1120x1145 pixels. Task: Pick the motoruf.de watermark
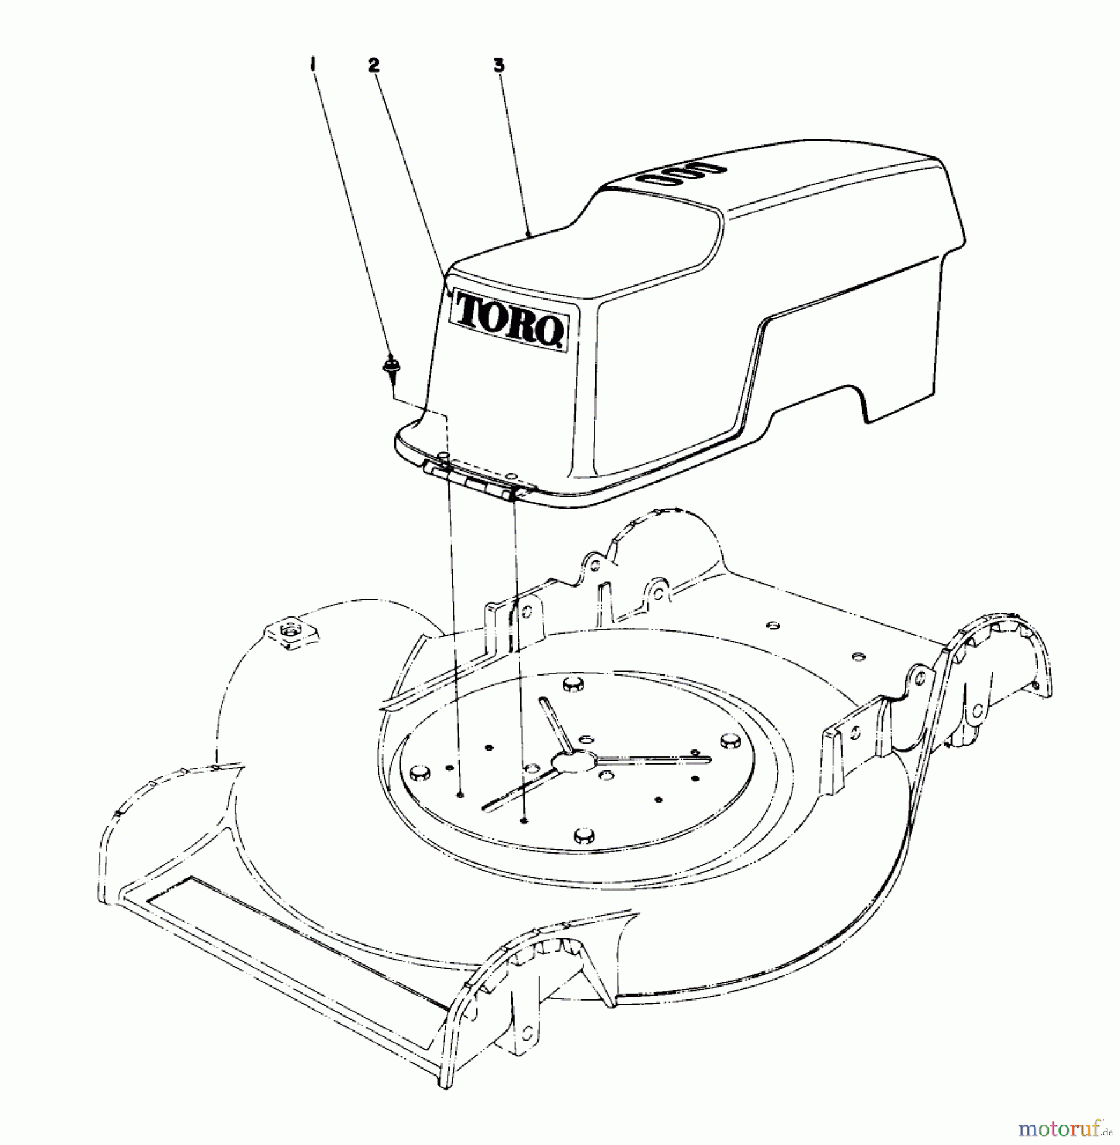(x=1065, y=1128)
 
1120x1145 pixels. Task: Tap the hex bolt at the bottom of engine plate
(x=583, y=835)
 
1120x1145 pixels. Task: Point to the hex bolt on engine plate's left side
(x=418, y=772)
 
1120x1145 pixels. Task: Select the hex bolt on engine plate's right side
(x=729, y=741)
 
